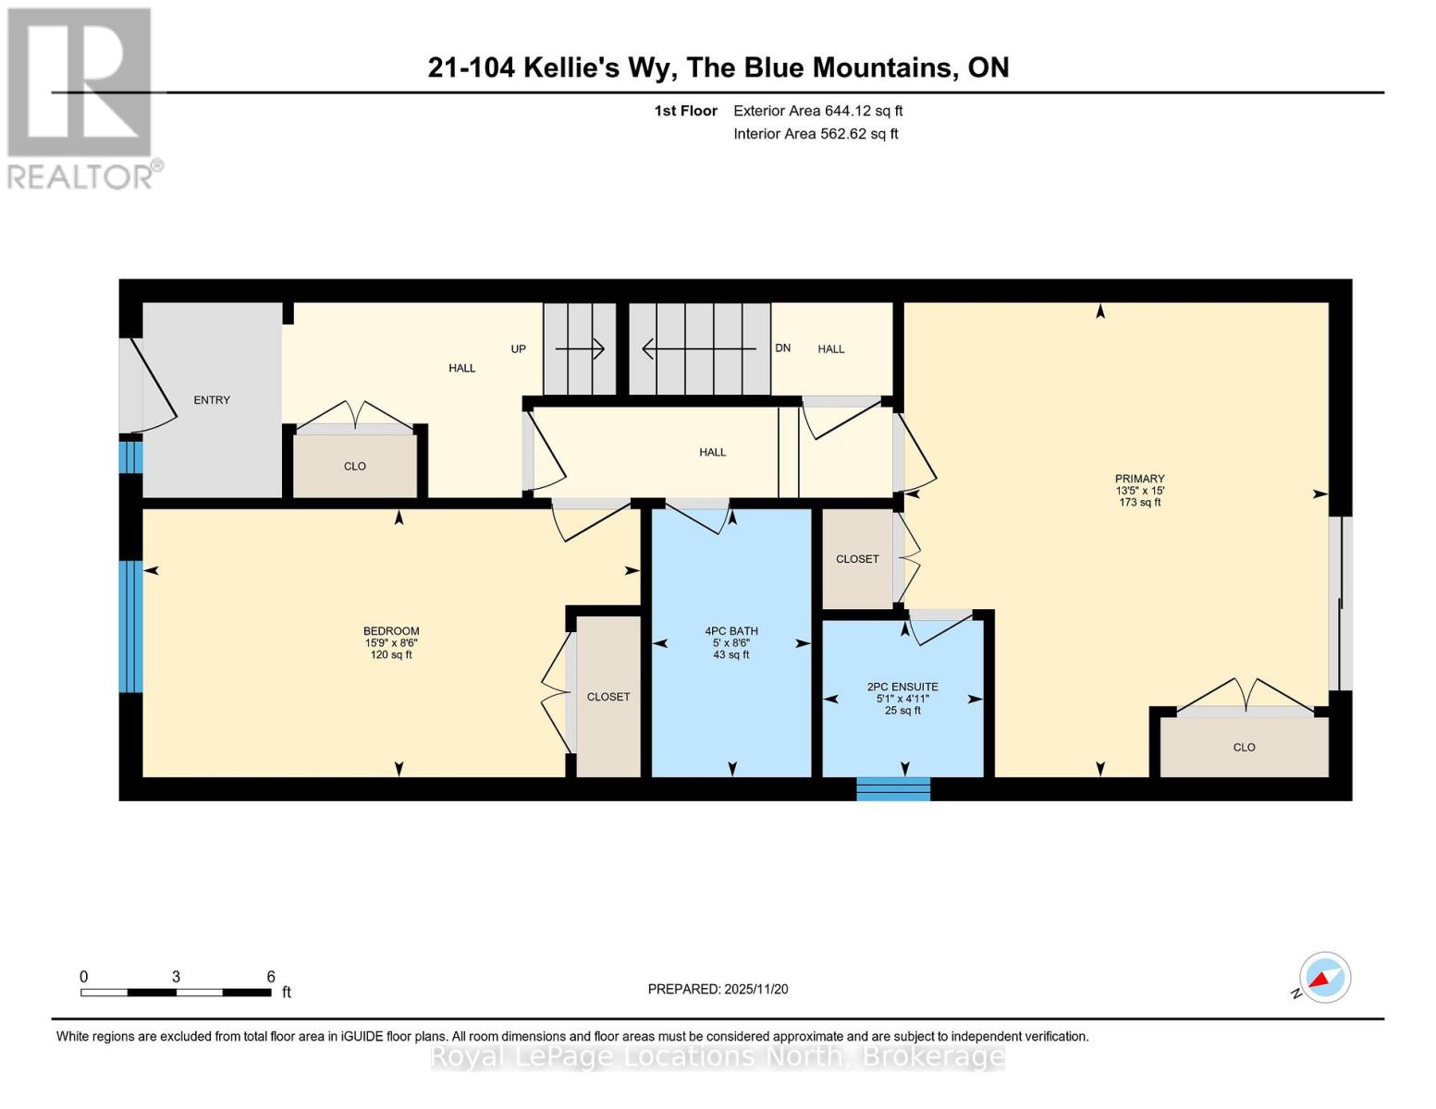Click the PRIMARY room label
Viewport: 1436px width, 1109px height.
(1139, 479)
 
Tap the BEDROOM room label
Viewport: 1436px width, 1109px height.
(391, 631)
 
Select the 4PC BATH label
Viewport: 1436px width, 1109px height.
(731, 631)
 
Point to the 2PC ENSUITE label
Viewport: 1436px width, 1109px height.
(902, 687)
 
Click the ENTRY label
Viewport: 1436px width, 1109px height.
(212, 400)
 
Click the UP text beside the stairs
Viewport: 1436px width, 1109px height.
(519, 349)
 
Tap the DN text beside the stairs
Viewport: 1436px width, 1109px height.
(783, 348)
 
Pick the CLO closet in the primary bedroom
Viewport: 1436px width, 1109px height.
(1244, 747)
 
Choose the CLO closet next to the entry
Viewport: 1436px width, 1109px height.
(355, 467)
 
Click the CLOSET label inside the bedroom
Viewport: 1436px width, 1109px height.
(608, 697)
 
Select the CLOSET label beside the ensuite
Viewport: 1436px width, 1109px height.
(857, 559)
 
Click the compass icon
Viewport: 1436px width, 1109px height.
(1324, 978)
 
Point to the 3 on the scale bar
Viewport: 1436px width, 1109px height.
(176, 977)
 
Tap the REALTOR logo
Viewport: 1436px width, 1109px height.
(81, 97)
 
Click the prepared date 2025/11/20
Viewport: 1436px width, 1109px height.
(756, 989)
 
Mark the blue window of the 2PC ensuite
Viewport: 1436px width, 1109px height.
(893, 788)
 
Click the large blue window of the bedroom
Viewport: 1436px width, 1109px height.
(130, 626)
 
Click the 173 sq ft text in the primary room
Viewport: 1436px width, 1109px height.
(1139, 503)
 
